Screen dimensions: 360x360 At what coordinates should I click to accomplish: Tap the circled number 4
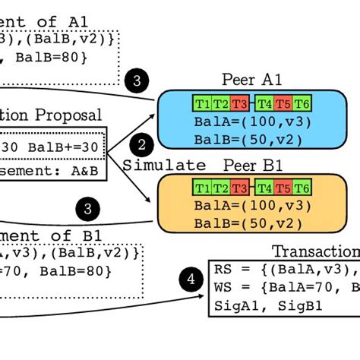(190, 280)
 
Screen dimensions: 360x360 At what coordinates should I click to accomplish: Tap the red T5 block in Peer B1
(283, 188)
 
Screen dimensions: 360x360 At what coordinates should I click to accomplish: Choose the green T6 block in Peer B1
(302, 188)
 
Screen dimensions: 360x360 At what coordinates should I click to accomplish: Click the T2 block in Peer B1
(221, 188)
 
